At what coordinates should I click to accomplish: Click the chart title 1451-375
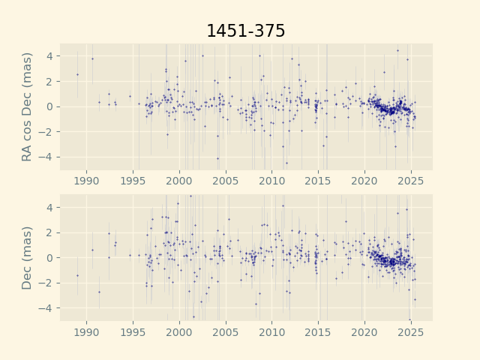click(245, 31)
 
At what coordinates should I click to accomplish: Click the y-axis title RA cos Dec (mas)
click(28, 106)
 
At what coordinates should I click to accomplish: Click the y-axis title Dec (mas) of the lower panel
click(28, 257)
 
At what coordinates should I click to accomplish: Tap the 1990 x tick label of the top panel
click(86, 181)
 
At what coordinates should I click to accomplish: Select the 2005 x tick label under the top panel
click(226, 181)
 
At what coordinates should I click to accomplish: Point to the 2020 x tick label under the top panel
click(364, 181)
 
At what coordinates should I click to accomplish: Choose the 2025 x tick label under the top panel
click(411, 181)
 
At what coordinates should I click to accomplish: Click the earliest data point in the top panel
click(77, 74)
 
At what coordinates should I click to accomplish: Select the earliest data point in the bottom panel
click(77, 275)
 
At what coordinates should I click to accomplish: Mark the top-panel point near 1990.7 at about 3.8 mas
click(92, 58)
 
